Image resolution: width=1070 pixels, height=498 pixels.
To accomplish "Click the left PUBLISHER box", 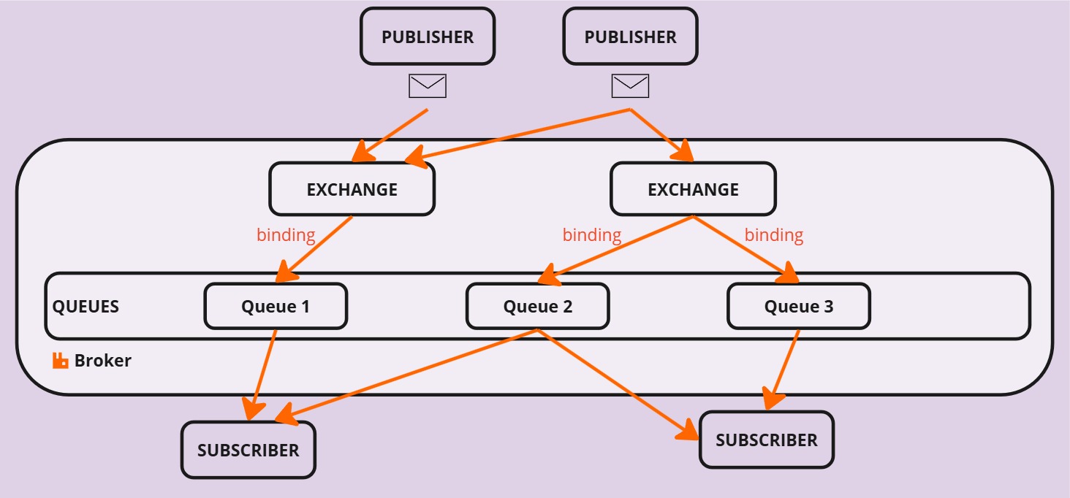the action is [x=428, y=37].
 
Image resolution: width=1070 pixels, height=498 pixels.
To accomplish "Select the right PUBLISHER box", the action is [x=631, y=37].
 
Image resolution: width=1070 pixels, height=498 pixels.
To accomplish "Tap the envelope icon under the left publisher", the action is [x=428, y=86].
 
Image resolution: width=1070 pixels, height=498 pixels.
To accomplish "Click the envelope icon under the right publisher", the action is [x=631, y=86].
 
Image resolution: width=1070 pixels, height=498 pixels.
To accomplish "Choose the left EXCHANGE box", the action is [x=352, y=189].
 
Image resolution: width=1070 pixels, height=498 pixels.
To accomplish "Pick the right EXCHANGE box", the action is [x=693, y=189].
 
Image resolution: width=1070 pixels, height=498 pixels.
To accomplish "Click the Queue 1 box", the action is [x=276, y=306].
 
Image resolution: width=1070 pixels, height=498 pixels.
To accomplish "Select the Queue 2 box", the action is [x=537, y=306].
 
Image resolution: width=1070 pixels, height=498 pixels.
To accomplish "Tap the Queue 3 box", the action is [x=799, y=306].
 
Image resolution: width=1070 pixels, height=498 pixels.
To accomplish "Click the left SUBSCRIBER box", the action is [x=248, y=450].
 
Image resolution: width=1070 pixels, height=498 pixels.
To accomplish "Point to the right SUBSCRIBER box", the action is [x=767, y=440].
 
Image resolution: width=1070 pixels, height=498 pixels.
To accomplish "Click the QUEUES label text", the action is [x=86, y=307].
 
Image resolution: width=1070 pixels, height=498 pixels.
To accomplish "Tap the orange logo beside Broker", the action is [x=60, y=361].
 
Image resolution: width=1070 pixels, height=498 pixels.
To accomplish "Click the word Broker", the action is [x=103, y=361].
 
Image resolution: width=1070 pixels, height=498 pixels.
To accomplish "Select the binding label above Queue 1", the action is [x=286, y=235].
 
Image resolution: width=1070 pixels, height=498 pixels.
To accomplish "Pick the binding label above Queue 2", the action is [x=592, y=235].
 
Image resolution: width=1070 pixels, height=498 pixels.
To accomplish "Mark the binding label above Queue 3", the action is [x=774, y=235].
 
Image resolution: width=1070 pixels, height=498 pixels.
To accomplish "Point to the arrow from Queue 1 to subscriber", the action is [x=262, y=375].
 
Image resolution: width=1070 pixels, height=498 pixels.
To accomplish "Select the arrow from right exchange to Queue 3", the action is [x=745, y=249].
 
